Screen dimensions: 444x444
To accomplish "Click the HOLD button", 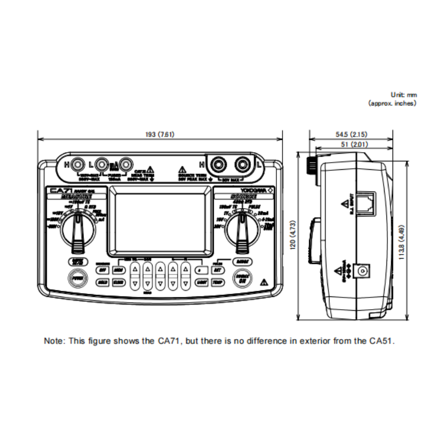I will click(x=102, y=281).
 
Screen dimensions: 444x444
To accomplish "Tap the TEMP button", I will click(x=218, y=281).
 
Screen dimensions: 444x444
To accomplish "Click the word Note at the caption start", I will click(x=54, y=341).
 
